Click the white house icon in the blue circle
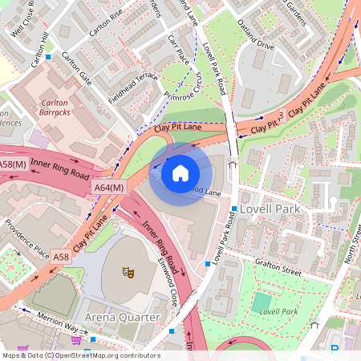coord(180,172)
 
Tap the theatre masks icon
coord(127,273)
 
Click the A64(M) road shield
coord(109,187)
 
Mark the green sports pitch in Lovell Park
coord(262,303)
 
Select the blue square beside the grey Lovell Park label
coord(233,209)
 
